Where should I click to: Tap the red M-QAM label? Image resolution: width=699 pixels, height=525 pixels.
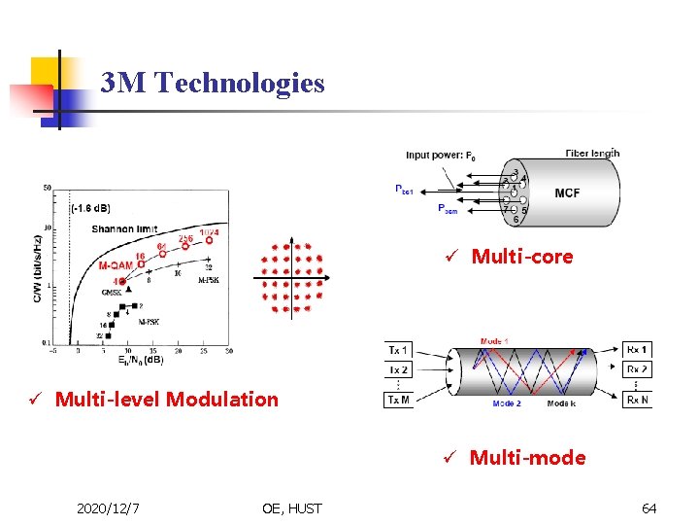[x=116, y=265]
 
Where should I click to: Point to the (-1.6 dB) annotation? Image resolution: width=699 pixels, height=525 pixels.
[x=89, y=207]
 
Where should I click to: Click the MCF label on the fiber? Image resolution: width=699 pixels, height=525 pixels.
[x=567, y=193]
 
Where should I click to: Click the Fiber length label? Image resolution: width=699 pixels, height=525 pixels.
[x=592, y=153]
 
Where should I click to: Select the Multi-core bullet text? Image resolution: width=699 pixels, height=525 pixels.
[x=521, y=257]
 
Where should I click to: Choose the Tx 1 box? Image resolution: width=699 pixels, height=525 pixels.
[x=399, y=350]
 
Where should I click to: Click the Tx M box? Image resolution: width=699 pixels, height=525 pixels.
[x=399, y=401]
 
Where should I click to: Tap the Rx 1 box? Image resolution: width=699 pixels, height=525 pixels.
[x=637, y=350]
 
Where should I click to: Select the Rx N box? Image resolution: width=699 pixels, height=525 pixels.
[x=637, y=401]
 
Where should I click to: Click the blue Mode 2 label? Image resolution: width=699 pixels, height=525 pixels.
[x=507, y=403]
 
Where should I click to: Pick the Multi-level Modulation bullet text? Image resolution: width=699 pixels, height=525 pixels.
[x=166, y=399]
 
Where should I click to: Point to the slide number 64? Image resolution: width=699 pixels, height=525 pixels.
[x=649, y=507]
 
